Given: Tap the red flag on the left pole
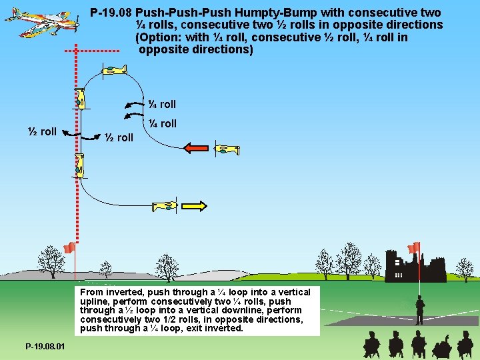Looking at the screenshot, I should coord(68,248).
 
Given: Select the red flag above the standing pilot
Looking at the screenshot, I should coord(414,247).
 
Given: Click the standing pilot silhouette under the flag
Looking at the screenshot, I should coord(420,311).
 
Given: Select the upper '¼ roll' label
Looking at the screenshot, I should coord(162,104).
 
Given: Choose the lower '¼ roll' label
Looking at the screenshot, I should coord(162,123).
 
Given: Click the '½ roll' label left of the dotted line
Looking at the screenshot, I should coord(42,131).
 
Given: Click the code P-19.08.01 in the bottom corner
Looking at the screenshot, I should coord(45,347).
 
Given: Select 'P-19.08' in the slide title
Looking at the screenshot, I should coord(112,13).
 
